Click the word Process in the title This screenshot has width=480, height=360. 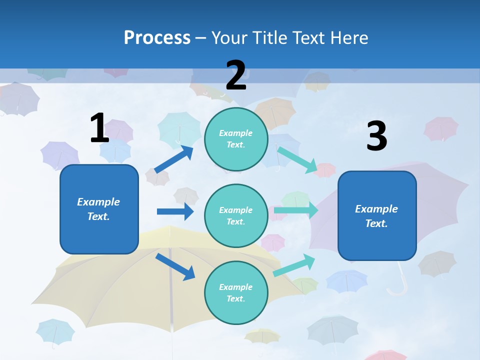[157, 38]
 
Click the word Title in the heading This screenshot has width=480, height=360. [268, 38]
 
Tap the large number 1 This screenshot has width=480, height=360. [99, 128]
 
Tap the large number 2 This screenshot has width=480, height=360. [236, 75]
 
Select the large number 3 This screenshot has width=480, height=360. [376, 136]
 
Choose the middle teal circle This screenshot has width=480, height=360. [236, 215]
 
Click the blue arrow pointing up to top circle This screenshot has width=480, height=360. [174, 159]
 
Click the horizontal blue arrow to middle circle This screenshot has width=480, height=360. [175, 211]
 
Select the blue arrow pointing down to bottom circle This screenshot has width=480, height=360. [175, 266]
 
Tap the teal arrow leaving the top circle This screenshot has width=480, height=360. [297, 159]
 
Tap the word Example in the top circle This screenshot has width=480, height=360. [236, 133]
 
